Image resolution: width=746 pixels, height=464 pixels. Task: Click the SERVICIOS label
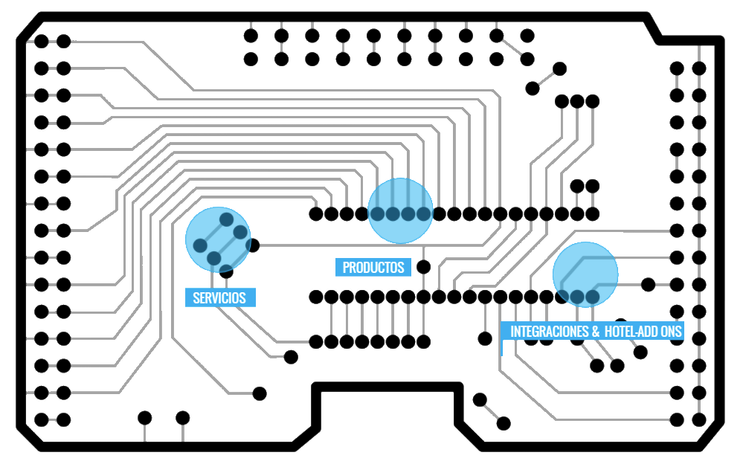tap(219, 297)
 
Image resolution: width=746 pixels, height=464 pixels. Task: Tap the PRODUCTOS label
tap(373, 268)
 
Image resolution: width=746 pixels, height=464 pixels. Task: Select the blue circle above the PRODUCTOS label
tap(400, 210)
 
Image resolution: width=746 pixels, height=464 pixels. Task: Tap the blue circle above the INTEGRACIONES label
tap(585, 274)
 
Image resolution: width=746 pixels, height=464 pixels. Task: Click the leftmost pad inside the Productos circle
tap(377, 214)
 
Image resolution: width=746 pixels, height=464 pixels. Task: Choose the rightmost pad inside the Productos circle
tap(424, 214)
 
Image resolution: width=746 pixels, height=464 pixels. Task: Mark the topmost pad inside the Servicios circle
tap(225, 219)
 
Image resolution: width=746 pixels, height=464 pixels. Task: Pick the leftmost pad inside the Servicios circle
tap(200, 245)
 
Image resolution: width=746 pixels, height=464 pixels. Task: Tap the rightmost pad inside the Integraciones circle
tap(592, 297)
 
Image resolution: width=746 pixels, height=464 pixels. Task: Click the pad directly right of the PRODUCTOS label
tap(424, 267)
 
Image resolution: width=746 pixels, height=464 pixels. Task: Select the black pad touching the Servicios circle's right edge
tap(253, 245)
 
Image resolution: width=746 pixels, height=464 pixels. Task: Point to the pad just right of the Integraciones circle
tap(648, 284)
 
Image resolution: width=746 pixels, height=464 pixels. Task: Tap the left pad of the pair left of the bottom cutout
tap(145, 417)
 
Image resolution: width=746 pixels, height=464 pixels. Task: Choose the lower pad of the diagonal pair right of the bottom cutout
tap(504, 423)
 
